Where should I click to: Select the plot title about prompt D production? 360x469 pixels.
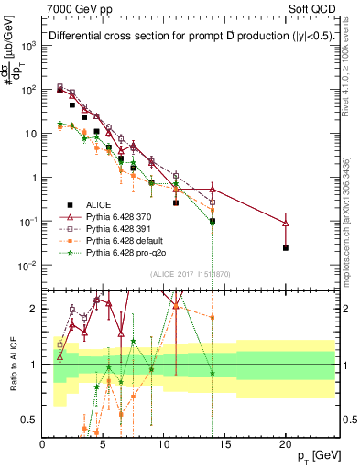click(184, 36)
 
